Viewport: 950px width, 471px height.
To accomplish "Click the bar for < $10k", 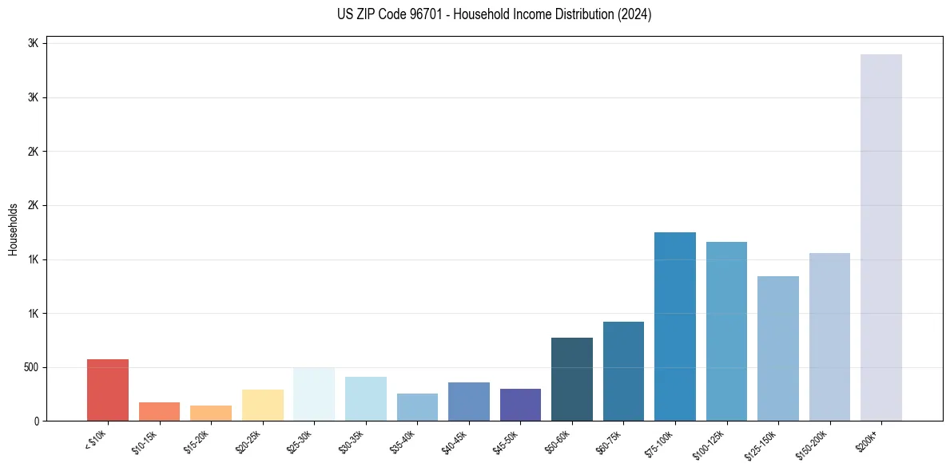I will click(x=108, y=390).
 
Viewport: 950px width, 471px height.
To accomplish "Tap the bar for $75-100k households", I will click(x=675, y=327).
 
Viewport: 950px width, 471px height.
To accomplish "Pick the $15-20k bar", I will click(x=211, y=413).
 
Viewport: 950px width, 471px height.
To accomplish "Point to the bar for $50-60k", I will click(x=572, y=379).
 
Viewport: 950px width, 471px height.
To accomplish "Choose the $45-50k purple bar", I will click(x=520, y=405).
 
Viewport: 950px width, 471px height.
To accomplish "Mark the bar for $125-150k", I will click(x=778, y=348).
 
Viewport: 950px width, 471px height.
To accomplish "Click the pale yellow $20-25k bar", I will click(x=263, y=405).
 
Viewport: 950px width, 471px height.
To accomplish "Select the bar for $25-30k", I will click(x=314, y=394).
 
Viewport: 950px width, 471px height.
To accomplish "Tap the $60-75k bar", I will click(x=623, y=371).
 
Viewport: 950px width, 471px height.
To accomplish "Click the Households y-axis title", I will click(x=13, y=229).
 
